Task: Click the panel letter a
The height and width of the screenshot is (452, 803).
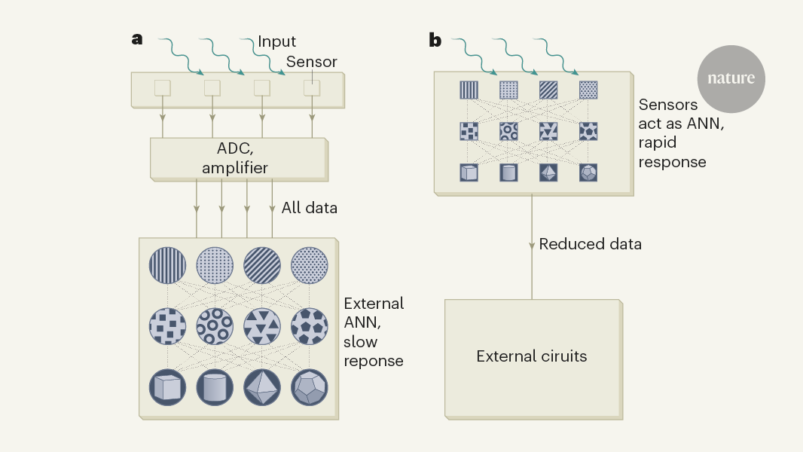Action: coord(137,39)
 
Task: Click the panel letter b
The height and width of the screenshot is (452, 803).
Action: coord(435,40)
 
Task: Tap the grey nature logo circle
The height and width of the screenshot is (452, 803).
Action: coord(731,78)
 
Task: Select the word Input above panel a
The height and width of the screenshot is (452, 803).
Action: coord(277,41)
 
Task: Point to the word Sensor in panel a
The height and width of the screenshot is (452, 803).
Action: coord(312,62)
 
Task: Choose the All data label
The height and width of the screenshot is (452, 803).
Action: coord(309,207)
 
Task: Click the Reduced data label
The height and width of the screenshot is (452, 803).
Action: coord(590,244)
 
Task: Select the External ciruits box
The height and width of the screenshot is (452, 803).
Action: coord(531,356)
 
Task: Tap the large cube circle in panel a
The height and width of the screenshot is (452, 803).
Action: coord(168,386)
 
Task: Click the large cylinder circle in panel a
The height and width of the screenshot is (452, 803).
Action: coord(215,386)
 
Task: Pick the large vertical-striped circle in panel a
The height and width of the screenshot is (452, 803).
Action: coord(168,265)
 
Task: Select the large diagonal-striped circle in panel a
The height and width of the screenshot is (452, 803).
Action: coord(262,265)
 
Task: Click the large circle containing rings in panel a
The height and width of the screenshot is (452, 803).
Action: coord(215,325)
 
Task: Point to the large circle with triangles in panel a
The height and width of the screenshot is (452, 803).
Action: coord(262,325)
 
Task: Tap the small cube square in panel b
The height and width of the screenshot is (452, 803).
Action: coord(469,173)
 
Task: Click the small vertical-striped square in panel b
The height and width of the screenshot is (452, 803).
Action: coord(469,90)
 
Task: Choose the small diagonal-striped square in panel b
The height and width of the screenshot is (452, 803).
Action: coord(548,90)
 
